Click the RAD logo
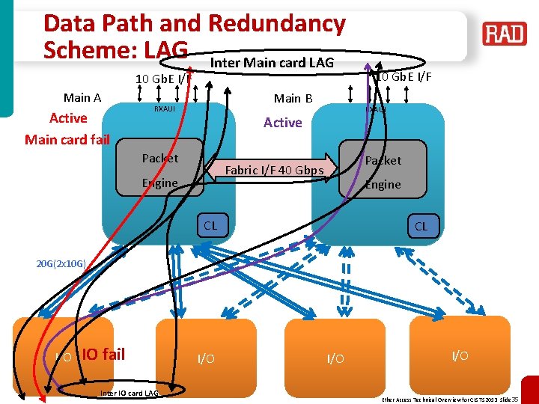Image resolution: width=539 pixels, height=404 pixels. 505,34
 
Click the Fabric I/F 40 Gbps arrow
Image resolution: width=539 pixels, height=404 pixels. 275,170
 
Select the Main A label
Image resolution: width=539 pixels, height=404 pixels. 82,97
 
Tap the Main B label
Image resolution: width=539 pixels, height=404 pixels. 293,98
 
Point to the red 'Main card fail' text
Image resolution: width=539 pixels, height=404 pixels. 67,139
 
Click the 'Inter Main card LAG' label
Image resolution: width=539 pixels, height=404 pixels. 272,62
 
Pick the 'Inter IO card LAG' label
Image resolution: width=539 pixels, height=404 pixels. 129,393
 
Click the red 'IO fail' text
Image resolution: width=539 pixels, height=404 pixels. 103,354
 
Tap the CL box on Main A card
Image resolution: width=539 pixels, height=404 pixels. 210,224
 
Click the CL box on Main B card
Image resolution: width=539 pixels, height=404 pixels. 421,226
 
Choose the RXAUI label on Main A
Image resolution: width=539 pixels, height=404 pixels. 164,109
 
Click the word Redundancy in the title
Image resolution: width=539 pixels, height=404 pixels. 277,23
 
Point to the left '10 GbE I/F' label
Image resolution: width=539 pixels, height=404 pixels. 162,79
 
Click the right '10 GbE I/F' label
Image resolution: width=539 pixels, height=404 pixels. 404,76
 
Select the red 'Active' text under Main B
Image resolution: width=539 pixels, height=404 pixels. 282,123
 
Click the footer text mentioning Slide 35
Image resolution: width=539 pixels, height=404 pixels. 449,400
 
